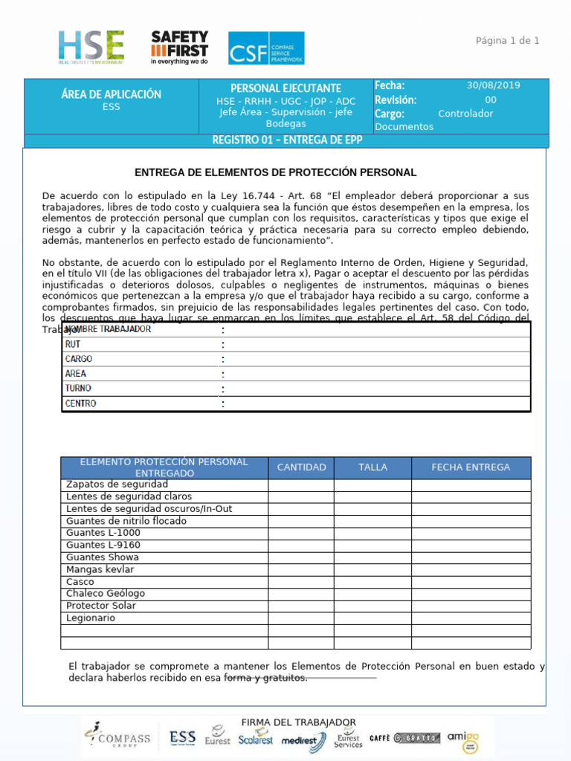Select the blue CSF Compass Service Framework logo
(265, 48)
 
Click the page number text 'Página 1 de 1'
(507, 40)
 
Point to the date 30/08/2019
(493, 85)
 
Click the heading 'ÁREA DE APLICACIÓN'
(111, 94)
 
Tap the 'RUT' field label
(73, 344)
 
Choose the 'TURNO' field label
(78, 389)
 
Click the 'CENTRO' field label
(80, 404)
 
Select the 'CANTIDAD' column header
(301, 467)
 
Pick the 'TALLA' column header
(372, 467)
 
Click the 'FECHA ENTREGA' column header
(471, 467)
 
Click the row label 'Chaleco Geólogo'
(106, 594)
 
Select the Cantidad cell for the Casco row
(301, 582)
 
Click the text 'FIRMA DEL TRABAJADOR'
(298, 722)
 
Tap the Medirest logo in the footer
(303, 740)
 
